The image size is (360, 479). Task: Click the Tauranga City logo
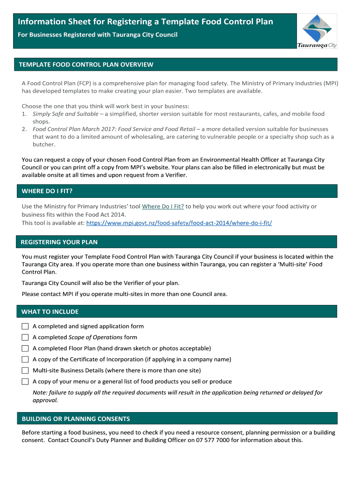pyautogui.click(x=317, y=31)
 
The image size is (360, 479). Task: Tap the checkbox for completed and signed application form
pyautogui.click(x=25, y=327)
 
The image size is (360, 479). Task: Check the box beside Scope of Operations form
pyautogui.click(x=25, y=337)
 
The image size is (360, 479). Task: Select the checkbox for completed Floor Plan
pyautogui.click(x=25, y=348)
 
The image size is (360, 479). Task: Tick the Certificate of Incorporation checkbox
pyautogui.click(x=25, y=359)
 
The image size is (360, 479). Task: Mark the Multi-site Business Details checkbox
pyautogui.click(x=25, y=370)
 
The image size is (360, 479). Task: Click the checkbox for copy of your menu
pyautogui.click(x=25, y=382)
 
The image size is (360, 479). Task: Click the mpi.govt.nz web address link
pyautogui.click(x=179, y=223)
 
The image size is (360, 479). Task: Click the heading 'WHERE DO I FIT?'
pyautogui.click(x=47, y=191)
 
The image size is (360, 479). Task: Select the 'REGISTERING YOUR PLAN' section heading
pyautogui.click(x=59, y=242)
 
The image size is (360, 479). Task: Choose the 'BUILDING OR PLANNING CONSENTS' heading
pyautogui.click(x=76, y=419)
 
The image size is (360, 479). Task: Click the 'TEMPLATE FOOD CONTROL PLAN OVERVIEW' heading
pyautogui.click(x=86, y=65)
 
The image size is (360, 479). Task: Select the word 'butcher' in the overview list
pyautogui.click(x=43, y=145)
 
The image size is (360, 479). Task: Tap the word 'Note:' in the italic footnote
pyautogui.click(x=40, y=393)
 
